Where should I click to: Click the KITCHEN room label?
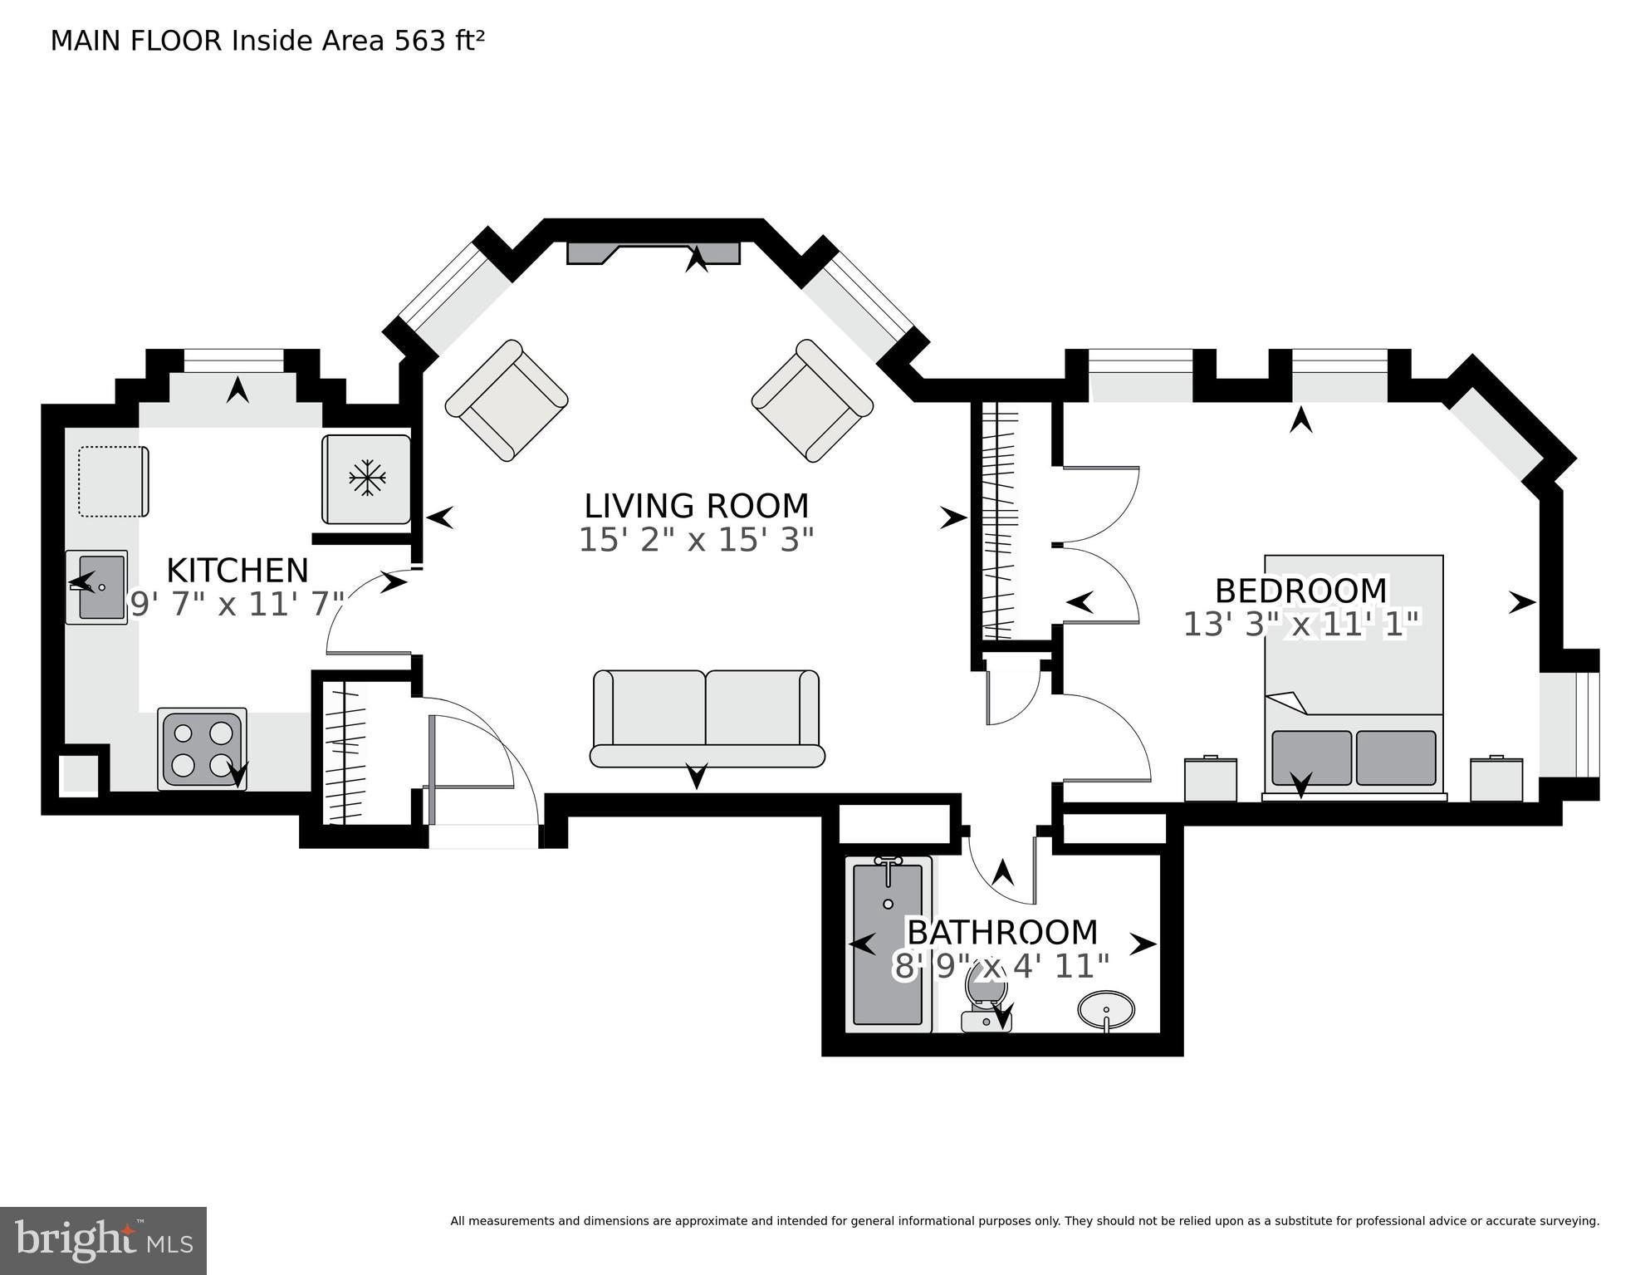click(237, 571)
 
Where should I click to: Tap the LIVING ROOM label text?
click(696, 506)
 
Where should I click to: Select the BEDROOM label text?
click(1300, 591)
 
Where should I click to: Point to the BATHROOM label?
click(1001, 932)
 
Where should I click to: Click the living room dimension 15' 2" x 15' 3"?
click(696, 541)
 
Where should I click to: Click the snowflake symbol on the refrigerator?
click(367, 478)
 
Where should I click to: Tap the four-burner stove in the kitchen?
click(203, 748)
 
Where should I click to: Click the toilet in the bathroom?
click(986, 1001)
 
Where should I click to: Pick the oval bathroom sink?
click(1106, 1010)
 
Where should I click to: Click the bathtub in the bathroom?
click(888, 944)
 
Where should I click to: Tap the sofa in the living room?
click(707, 718)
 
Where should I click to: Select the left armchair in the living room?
click(507, 400)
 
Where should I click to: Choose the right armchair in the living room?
click(812, 400)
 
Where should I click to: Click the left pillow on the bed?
click(1311, 757)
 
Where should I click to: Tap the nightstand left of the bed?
click(1210, 779)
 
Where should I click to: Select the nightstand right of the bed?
click(1496, 779)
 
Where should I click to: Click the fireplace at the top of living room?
click(653, 253)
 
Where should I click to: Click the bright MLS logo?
click(103, 1240)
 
